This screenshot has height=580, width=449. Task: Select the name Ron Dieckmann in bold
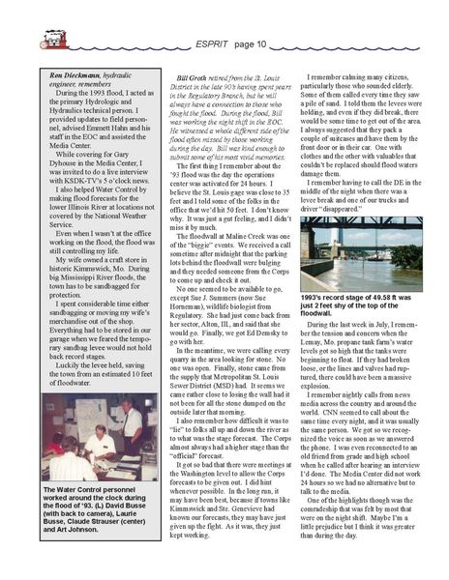65,73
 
